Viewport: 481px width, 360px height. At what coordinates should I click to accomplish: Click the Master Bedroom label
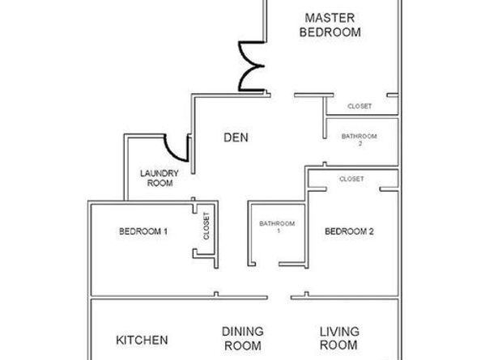pyautogui.click(x=330, y=25)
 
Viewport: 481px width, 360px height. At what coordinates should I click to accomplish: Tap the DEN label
pyautogui.click(x=236, y=138)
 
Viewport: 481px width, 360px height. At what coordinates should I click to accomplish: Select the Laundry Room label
pyautogui.click(x=160, y=178)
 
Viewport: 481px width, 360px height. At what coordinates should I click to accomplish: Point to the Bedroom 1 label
pyautogui.click(x=143, y=231)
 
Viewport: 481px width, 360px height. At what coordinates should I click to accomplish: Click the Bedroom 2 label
pyautogui.click(x=349, y=231)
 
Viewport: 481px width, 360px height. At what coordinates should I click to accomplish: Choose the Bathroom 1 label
pyautogui.click(x=277, y=227)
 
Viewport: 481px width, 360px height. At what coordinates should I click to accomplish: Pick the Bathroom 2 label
pyautogui.click(x=360, y=139)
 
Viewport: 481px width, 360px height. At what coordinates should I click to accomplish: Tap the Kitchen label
pyautogui.click(x=142, y=340)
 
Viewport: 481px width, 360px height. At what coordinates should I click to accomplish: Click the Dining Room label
pyautogui.click(x=243, y=338)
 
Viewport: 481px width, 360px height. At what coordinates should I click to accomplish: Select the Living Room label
pyautogui.click(x=339, y=338)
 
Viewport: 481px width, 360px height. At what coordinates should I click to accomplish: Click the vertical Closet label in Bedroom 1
pyautogui.click(x=206, y=226)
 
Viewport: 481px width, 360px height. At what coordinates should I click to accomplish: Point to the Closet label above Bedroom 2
pyautogui.click(x=351, y=179)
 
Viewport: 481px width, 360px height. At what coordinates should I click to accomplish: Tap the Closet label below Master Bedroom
pyautogui.click(x=360, y=106)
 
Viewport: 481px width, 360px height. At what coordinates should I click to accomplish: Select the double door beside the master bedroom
pyautogui.click(x=251, y=66)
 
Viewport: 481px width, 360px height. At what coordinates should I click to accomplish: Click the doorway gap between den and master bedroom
pyautogui.click(x=283, y=95)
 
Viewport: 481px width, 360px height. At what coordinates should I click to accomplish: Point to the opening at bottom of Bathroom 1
pyautogui.click(x=267, y=264)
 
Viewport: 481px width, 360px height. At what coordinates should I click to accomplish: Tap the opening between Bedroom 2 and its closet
pyautogui.click(x=353, y=189)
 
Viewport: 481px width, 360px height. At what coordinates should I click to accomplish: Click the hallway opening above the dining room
pyautogui.click(x=279, y=297)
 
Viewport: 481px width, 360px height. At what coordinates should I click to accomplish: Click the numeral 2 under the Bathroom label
pyautogui.click(x=360, y=143)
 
